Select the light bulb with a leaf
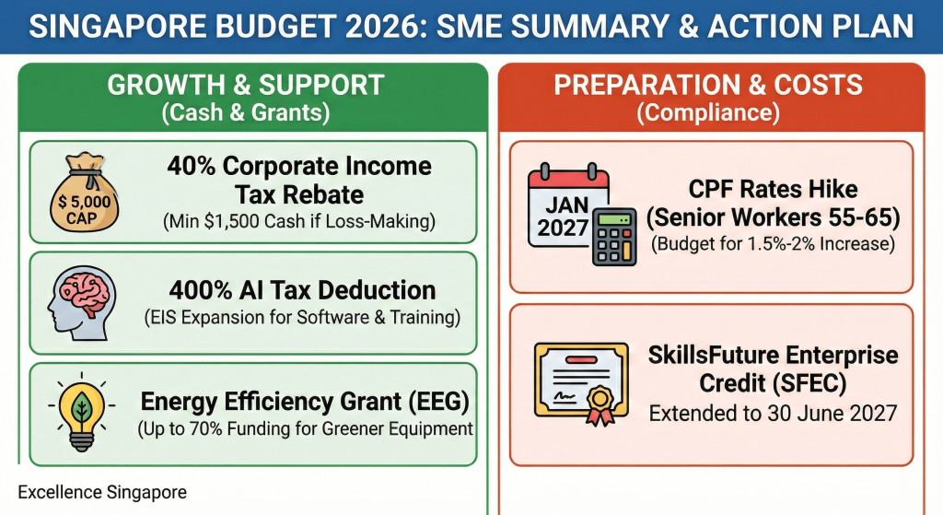80,413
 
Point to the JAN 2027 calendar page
563,210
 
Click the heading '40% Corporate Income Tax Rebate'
298,180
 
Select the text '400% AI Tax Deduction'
300,290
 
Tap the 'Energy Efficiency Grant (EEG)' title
305,402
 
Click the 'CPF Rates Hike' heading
773,190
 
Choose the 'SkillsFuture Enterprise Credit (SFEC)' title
772,369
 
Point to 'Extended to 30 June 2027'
773,412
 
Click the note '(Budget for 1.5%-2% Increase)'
773,245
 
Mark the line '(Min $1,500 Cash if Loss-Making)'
299,222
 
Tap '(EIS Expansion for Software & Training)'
301,318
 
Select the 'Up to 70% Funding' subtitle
305,428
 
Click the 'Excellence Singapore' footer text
101,493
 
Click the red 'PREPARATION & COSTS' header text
708,85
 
